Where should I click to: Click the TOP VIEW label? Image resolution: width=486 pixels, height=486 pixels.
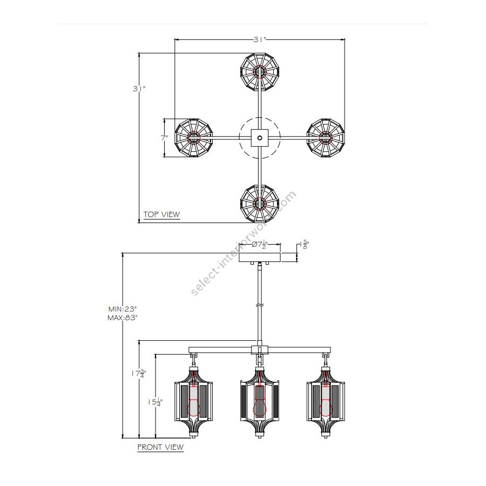161,214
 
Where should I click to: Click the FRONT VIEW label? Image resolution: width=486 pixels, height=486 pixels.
160,447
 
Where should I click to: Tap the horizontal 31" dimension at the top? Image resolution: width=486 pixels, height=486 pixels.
260,39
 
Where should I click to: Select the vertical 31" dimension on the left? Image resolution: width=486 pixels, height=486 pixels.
139,89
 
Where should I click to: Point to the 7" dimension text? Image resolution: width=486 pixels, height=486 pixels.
164,138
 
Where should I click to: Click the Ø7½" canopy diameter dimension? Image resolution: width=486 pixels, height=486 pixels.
259,245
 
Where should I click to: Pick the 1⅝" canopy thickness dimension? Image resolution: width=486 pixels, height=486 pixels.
304,245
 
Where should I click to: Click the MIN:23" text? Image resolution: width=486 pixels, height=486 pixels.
123,309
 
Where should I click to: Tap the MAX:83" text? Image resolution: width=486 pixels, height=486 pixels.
123,318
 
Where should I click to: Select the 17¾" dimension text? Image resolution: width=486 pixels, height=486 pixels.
138,374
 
